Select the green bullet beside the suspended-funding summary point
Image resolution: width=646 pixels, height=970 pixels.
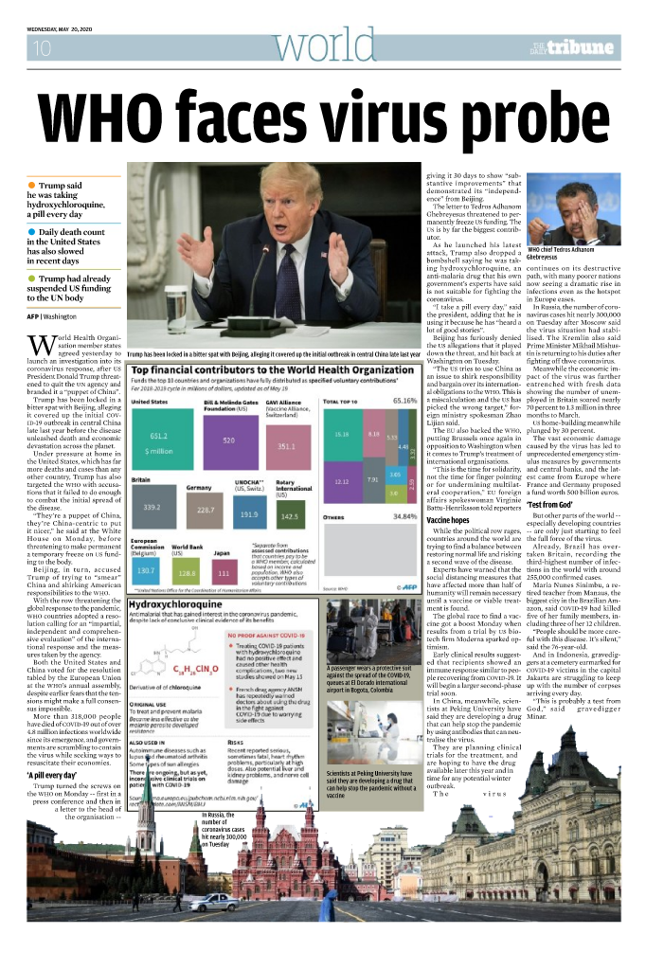pos(32,278)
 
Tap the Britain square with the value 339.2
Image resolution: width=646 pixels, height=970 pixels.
pos(151,508)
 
